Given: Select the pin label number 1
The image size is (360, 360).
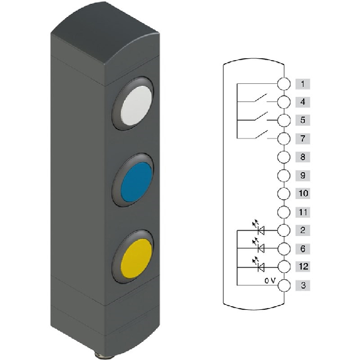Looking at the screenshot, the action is [302, 84].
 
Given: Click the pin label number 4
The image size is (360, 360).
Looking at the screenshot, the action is [302, 102].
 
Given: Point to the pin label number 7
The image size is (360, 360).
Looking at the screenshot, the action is [302, 138].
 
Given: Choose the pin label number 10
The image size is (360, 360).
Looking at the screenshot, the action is [302, 193].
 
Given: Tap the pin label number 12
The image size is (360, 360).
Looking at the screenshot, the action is [302, 267].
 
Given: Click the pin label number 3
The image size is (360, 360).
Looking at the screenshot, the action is [302, 285].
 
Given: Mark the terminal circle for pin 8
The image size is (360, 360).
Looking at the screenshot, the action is [284, 157].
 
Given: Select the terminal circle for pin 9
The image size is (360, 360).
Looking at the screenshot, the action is [284, 176].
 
